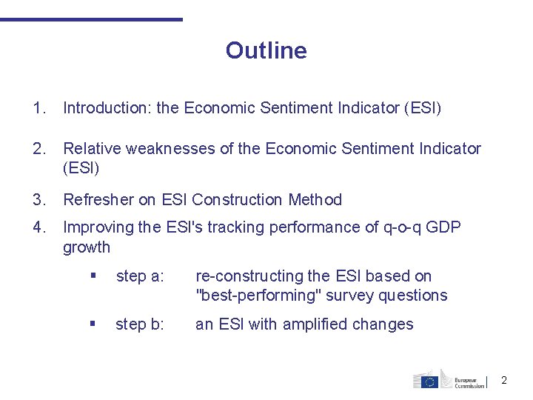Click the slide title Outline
(x=266, y=50)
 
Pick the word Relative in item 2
(x=92, y=149)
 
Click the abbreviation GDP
(x=443, y=227)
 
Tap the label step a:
(x=140, y=276)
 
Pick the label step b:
(x=140, y=324)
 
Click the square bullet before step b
(x=93, y=324)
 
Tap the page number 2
(x=504, y=380)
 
